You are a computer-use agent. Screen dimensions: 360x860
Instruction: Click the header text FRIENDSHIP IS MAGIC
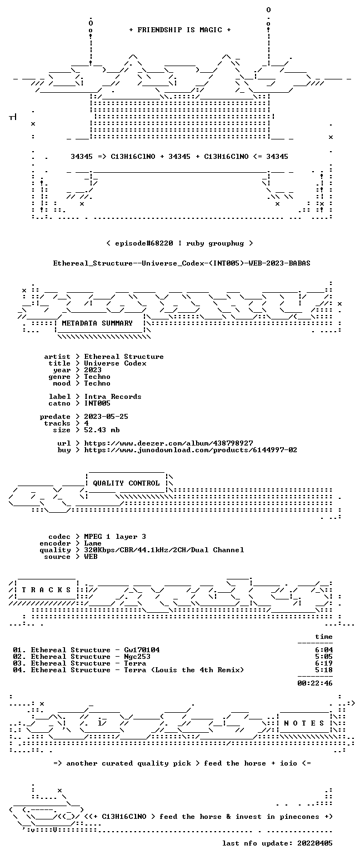(180, 30)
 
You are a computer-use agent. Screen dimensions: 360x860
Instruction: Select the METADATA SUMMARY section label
(97, 323)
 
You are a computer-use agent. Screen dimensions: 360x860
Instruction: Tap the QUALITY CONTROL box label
(126, 483)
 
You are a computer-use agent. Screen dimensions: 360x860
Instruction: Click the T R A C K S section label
(47, 589)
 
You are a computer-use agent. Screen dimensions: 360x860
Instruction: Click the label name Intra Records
(113, 397)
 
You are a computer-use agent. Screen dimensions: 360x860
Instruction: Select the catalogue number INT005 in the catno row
(97, 403)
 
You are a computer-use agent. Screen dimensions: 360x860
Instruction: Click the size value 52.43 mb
(102, 430)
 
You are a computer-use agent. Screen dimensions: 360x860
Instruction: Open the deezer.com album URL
(168, 443)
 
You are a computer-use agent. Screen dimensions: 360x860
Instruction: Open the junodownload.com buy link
(191, 450)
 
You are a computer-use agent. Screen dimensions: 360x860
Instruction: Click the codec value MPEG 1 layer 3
(115, 537)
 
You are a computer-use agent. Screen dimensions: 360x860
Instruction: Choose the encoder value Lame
(93, 543)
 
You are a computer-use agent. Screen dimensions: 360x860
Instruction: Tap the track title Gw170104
(142, 650)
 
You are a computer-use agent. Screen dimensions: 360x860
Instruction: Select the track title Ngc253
(137, 657)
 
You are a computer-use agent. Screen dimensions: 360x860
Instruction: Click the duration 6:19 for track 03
(324, 663)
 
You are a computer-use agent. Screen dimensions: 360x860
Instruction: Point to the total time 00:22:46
(314, 683)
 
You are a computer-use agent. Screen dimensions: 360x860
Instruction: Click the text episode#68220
(144, 243)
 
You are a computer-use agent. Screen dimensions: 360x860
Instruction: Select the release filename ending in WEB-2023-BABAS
(182, 263)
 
